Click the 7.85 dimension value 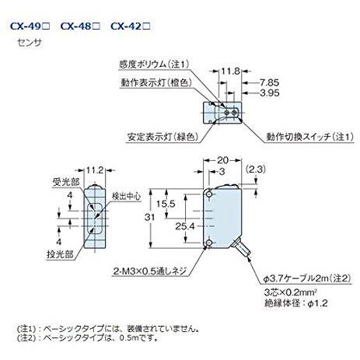(269, 82)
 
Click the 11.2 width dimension (96, 169)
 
